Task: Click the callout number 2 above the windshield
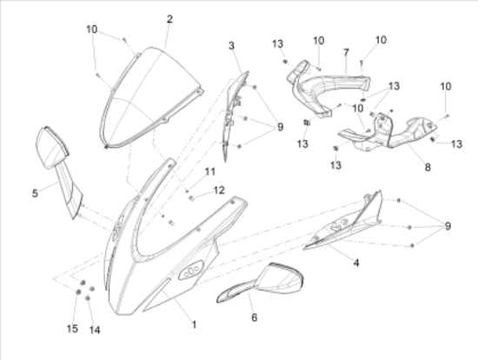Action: point(169,19)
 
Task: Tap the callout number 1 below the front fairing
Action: point(194,324)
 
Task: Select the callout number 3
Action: point(231,46)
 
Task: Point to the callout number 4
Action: point(356,263)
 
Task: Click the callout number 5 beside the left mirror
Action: point(35,193)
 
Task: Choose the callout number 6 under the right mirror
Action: point(255,317)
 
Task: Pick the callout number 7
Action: point(346,53)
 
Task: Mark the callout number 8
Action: point(428,167)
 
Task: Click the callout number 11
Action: point(210,172)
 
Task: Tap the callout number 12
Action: point(219,190)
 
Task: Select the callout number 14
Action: point(95,330)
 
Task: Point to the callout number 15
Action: point(72,329)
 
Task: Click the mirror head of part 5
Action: point(52,147)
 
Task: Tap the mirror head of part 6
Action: point(281,278)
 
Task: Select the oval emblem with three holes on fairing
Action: point(191,270)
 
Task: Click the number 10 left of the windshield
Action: point(92,30)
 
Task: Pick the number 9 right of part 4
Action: point(448,226)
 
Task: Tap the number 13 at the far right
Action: point(456,144)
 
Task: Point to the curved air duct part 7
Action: point(329,83)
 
